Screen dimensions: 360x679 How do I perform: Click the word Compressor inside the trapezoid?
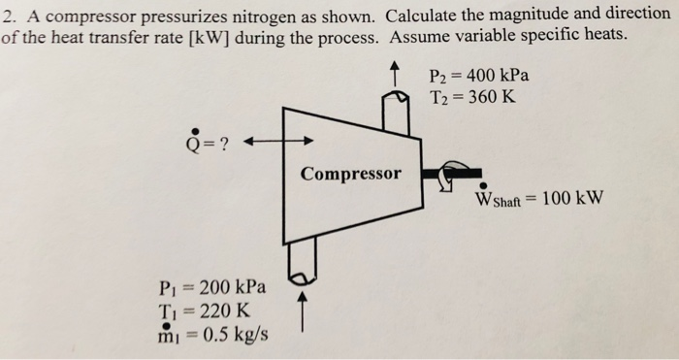(350, 175)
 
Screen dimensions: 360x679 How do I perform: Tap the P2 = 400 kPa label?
(479, 76)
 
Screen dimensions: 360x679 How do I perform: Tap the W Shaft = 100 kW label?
(539, 198)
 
